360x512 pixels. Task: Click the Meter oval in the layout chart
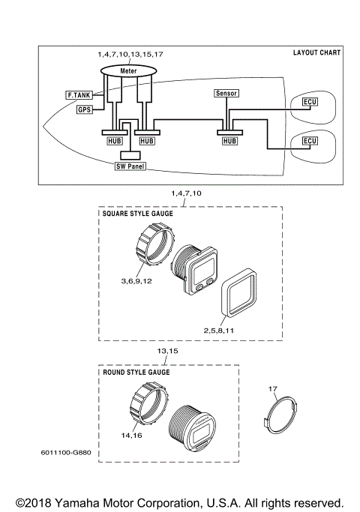[x=127, y=70]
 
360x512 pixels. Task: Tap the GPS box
[x=85, y=110]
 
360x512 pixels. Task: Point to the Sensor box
[x=226, y=94]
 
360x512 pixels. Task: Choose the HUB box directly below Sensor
[x=229, y=140]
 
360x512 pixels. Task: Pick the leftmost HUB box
[x=112, y=140]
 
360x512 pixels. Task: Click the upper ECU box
[x=309, y=101]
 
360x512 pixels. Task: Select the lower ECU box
[x=309, y=141]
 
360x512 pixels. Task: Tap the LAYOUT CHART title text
[x=316, y=53]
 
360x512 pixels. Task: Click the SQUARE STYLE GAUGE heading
[x=137, y=214]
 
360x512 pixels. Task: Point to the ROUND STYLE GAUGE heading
[x=135, y=372]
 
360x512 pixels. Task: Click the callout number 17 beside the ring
[x=273, y=388]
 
